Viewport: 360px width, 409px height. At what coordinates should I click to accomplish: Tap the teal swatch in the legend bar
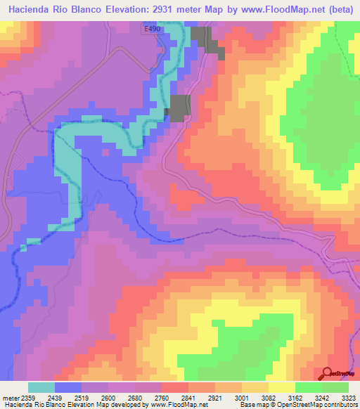click(x=41, y=387)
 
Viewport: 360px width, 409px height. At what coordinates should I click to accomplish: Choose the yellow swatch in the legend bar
click(x=281, y=387)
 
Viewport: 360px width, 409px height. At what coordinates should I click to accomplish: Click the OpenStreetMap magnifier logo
click(x=328, y=373)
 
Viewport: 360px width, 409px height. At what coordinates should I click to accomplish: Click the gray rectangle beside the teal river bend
click(x=179, y=108)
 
